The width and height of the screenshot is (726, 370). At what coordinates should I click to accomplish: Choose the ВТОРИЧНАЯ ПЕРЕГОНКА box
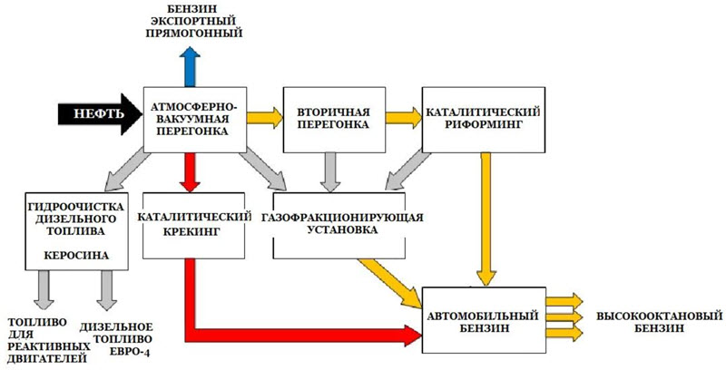(332, 118)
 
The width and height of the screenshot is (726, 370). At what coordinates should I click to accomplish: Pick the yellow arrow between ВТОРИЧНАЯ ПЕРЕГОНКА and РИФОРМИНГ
(401, 117)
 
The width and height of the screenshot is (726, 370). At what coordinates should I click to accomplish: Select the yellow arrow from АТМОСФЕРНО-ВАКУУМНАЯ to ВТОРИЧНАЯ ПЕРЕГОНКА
(263, 117)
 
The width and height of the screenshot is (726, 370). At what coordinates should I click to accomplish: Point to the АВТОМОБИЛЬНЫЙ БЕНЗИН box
(483, 321)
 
